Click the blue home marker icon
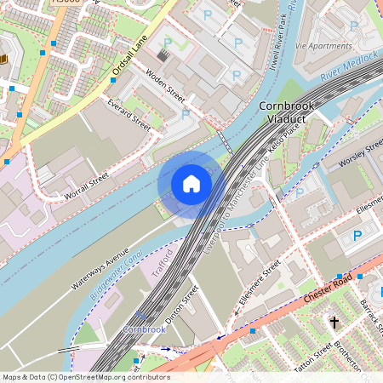(191, 184)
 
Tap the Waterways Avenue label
(106, 271)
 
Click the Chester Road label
(327, 291)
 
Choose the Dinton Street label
(182, 305)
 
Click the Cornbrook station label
(143, 329)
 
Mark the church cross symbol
(334, 323)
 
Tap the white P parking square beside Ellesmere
(357, 236)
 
